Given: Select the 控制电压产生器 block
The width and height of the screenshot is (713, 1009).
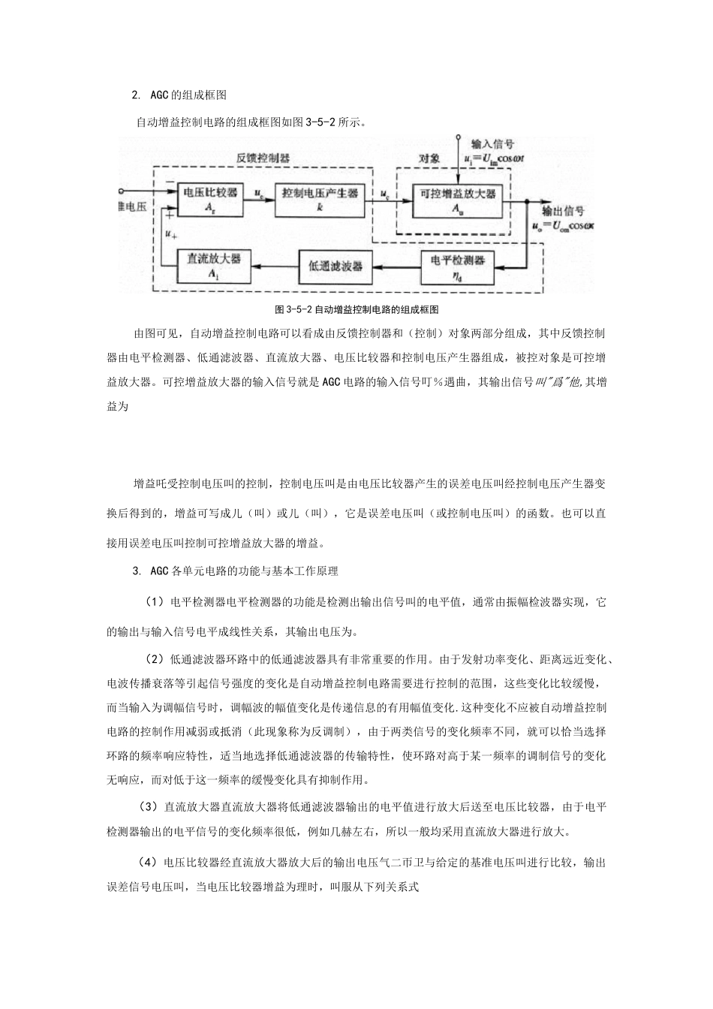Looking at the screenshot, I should click(320, 198).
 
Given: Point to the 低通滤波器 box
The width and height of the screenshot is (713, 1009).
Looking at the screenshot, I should click(335, 266).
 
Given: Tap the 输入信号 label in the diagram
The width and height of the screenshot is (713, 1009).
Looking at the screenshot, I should click(492, 143).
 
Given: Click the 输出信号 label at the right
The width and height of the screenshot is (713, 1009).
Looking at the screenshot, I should click(563, 211).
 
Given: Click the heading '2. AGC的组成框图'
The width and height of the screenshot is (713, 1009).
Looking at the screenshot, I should click(179, 95).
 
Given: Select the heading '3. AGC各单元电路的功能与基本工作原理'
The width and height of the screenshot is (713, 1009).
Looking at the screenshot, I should click(235, 571).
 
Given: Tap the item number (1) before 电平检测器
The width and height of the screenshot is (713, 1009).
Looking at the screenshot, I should click(154, 602).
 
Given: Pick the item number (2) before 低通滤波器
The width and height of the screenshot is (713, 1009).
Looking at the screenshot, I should click(154, 660).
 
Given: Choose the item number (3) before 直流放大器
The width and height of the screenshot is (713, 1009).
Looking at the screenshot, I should click(148, 808).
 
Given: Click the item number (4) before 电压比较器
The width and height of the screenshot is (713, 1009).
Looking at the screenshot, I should click(148, 863).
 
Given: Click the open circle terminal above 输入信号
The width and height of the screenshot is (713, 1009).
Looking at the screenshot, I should click(458, 137).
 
